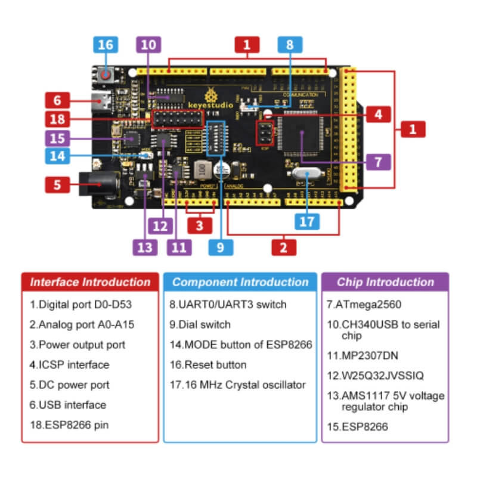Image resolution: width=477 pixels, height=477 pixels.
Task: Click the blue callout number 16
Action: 105,45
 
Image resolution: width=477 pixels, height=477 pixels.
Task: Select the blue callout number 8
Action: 289,45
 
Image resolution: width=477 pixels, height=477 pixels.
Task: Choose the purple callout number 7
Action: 378,161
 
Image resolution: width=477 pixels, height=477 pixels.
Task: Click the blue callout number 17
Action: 306,221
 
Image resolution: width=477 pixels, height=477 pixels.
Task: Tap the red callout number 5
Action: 57,184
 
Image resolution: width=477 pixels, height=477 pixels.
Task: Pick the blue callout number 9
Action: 221,246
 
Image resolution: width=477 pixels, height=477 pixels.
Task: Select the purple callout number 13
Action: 145,246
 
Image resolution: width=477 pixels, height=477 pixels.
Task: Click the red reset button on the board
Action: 106,75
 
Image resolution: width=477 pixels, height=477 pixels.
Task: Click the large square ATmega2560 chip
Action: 302,136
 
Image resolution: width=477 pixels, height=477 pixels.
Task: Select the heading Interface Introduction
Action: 91,283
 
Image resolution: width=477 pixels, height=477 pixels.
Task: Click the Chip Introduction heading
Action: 385,283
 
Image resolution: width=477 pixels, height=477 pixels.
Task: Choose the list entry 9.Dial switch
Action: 200,325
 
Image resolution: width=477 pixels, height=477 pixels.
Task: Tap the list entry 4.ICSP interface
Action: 70,365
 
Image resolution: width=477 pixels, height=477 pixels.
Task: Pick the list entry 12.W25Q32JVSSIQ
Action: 374,375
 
